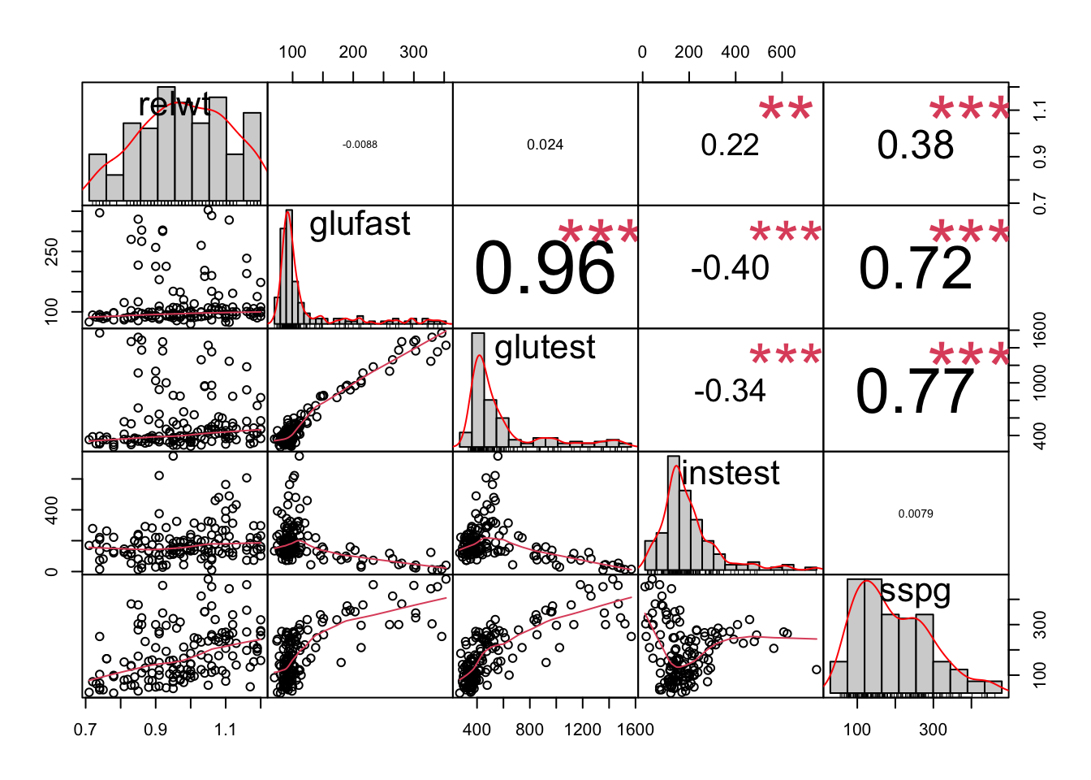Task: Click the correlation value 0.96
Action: click(x=545, y=269)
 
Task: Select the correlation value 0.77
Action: click(x=915, y=392)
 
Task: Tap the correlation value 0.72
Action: click(x=915, y=268)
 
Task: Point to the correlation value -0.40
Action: click(x=730, y=268)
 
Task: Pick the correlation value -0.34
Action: click(x=730, y=391)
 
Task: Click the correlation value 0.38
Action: click(x=915, y=145)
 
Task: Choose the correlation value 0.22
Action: click(x=730, y=145)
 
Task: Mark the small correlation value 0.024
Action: click(x=545, y=145)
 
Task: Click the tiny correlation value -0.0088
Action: click(x=360, y=145)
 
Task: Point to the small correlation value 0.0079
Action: click(x=915, y=513)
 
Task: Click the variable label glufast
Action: click(x=360, y=224)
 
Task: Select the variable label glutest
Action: click(x=545, y=348)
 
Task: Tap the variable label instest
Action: click(x=730, y=473)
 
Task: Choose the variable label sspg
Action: click(x=915, y=591)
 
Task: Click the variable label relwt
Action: click(x=175, y=105)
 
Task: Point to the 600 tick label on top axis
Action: click(x=781, y=52)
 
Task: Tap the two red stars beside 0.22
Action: click(x=785, y=110)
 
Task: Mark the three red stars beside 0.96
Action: click(x=598, y=234)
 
